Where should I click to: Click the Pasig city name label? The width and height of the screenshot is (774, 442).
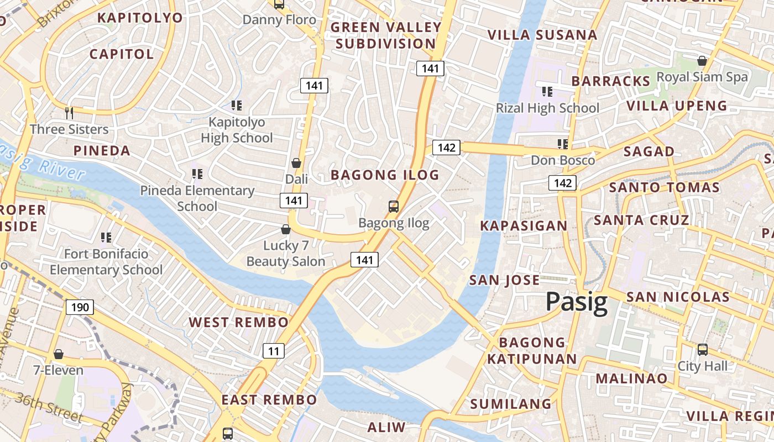577,302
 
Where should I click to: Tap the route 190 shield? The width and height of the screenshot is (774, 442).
80,307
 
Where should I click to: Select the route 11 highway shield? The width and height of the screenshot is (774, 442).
273,350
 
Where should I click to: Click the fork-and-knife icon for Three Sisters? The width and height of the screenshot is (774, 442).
69,113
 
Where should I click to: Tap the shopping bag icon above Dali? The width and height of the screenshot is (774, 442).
296,163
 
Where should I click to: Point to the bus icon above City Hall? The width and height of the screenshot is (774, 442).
702,350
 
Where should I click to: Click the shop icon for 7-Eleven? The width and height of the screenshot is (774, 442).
59,354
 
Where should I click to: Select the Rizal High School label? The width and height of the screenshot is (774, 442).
547,108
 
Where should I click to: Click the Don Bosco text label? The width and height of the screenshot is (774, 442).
563,160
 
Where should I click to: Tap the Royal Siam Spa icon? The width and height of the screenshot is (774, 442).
702,61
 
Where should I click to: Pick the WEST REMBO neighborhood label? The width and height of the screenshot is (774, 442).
239,322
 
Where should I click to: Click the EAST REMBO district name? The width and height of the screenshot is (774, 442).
269,399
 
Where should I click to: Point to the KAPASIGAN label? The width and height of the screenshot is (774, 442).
524,225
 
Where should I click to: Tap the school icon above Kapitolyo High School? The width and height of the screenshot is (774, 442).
237,106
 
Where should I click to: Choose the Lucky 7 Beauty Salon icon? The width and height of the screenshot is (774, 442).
286,229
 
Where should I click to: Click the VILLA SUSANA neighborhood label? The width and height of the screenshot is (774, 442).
542,35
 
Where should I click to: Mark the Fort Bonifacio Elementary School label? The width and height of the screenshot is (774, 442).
106,262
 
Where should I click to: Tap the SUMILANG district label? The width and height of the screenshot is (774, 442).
511,404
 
